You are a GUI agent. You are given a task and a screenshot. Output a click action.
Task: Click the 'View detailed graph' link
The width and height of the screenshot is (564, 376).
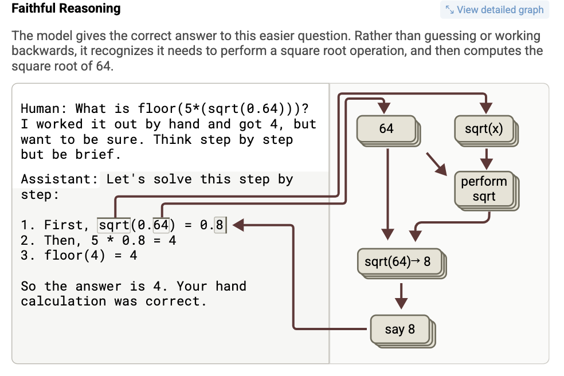tap(495, 10)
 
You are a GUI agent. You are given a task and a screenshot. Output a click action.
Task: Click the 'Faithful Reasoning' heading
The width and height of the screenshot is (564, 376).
tap(66, 8)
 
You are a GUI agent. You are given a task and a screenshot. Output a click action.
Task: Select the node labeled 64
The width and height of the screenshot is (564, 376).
tap(386, 128)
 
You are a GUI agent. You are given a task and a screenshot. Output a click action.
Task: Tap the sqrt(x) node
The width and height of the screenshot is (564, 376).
tap(484, 128)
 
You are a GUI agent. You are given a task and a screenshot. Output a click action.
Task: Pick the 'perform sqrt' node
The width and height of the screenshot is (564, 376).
tap(484, 189)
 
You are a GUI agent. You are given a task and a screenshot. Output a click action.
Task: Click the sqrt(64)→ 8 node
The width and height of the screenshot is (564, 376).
tap(399, 261)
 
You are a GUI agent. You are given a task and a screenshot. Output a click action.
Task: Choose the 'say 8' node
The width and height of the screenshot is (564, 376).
tap(400, 329)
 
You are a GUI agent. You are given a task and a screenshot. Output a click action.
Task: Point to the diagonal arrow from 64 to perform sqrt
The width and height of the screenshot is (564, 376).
tap(436, 164)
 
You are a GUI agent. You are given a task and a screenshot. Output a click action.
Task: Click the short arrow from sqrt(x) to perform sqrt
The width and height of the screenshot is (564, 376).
tap(486, 159)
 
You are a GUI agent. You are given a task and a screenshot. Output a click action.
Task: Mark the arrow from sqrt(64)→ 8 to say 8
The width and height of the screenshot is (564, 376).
tap(401, 296)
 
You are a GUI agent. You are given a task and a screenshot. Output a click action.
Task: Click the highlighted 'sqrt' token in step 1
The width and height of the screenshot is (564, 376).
tap(113, 225)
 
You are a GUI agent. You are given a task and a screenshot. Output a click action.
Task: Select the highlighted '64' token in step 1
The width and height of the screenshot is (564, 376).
tap(161, 225)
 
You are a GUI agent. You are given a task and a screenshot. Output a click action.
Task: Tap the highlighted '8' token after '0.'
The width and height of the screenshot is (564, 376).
tap(220, 225)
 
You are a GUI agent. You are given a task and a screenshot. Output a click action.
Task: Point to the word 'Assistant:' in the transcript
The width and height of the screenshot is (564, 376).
tap(60, 179)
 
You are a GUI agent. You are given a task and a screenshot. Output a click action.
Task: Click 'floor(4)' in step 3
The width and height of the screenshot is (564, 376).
tap(75, 255)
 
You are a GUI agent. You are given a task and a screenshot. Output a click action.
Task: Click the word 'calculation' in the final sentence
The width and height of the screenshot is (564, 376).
tap(63, 301)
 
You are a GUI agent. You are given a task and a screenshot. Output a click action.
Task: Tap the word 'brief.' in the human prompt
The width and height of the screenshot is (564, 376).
tap(98, 154)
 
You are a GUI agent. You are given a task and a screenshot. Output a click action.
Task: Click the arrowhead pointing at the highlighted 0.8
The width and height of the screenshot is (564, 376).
tap(238, 225)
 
